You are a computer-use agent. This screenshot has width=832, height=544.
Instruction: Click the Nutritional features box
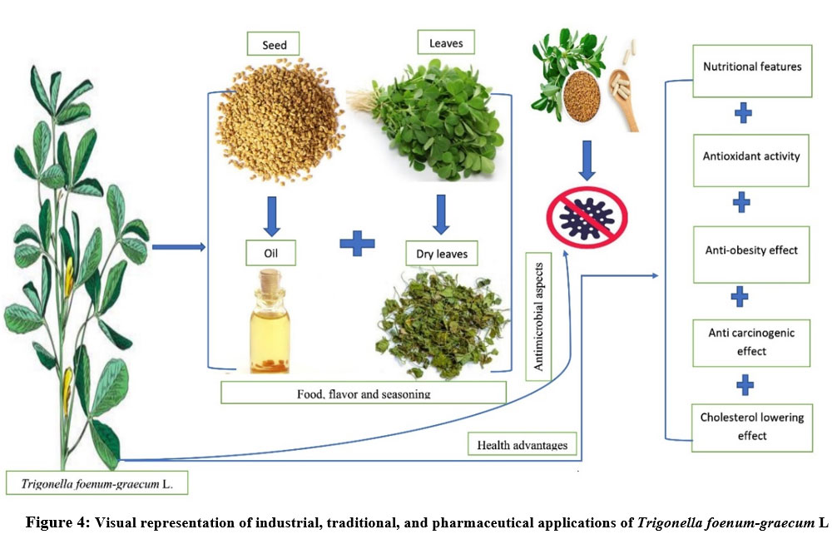pos(751,67)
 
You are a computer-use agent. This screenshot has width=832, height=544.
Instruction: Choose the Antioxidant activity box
pos(751,156)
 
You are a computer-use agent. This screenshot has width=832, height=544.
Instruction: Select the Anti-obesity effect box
pos(751,250)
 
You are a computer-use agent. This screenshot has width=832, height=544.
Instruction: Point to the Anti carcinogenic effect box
pos(751,341)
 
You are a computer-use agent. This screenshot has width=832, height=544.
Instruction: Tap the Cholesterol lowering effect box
pos(751,427)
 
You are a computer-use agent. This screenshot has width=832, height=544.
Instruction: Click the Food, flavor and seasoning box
pos(364,393)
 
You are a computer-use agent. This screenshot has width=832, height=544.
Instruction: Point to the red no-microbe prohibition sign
pos(587,215)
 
